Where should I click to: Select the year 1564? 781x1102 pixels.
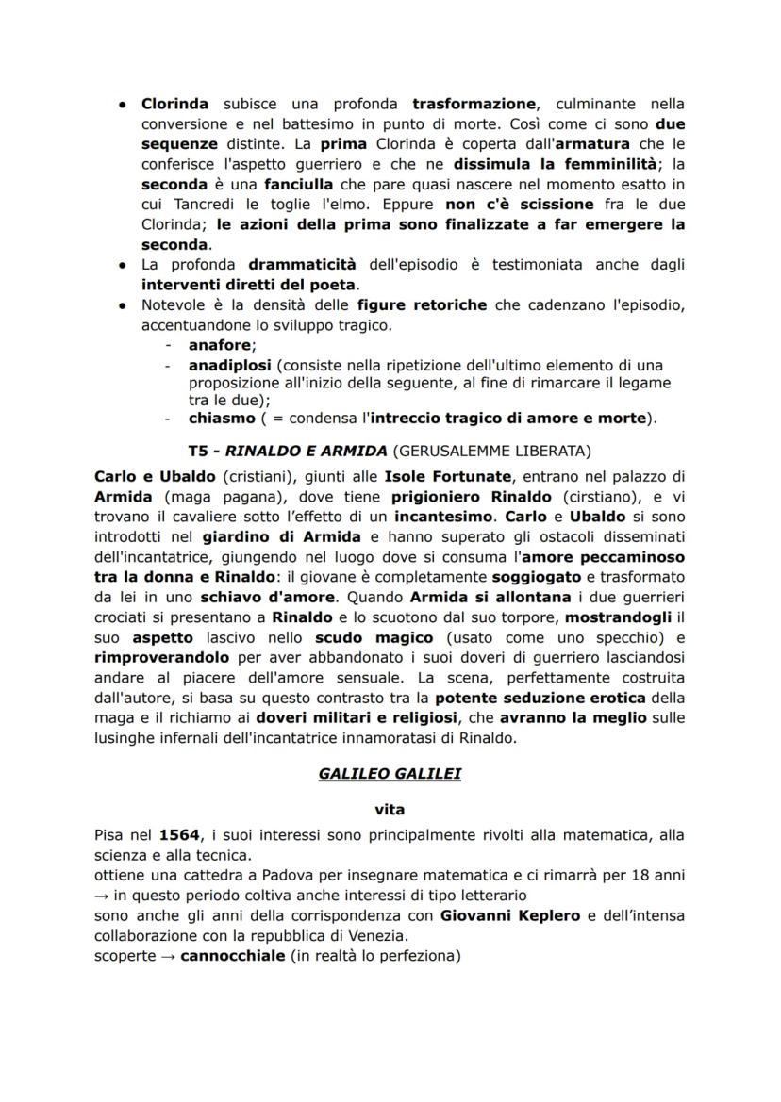179,835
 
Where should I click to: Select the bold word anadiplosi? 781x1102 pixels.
224,364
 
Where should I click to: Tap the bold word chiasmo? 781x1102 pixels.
222,417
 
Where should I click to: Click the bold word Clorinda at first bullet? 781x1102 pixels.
174,104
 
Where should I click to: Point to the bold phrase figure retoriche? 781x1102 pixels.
423,305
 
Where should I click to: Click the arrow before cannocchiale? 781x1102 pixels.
166,955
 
